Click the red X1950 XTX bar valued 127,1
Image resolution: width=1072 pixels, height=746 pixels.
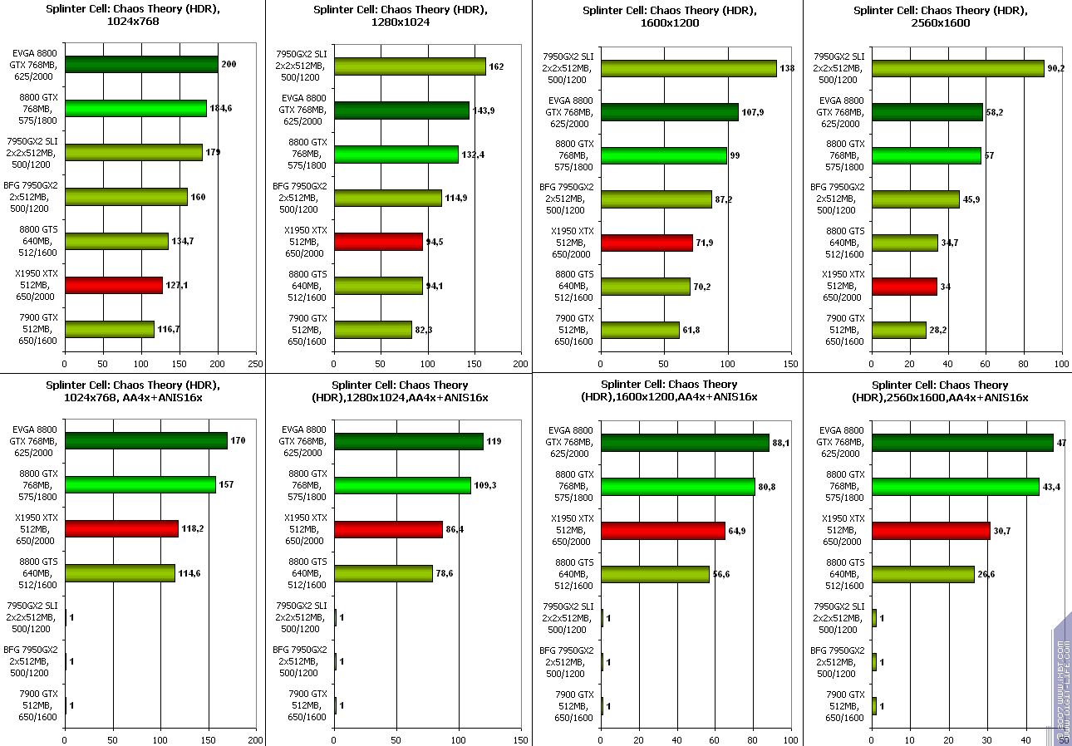pos(114,285)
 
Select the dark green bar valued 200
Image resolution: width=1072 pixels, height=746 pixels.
pos(141,64)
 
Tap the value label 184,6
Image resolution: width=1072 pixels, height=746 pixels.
pos(220,108)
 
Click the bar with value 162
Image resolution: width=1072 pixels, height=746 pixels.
pos(410,66)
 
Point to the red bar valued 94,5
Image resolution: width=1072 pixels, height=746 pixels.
pos(378,242)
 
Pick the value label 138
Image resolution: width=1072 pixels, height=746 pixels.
pos(788,68)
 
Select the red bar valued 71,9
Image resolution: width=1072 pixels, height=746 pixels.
pos(647,243)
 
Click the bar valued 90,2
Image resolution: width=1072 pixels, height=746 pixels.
pos(957,68)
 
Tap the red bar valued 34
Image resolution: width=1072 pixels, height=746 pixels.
pos(904,287)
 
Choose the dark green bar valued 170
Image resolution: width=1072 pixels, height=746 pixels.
pos(146,440)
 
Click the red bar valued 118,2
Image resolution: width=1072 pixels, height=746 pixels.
pos(121,528)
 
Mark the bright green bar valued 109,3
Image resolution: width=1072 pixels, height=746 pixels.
pos(402,485)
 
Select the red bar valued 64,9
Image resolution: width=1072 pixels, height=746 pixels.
pos(663,531)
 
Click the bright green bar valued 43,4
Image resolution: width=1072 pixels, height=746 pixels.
pos(956,486)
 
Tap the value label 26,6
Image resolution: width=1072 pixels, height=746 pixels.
pos(987,574)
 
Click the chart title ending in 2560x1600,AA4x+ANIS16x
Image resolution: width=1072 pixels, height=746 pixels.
pos(941,391)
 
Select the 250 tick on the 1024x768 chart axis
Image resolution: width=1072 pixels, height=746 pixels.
pos(256,363)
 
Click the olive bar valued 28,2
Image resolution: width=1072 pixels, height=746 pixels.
pos(898,330)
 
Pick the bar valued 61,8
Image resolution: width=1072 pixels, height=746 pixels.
pos(640,330)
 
